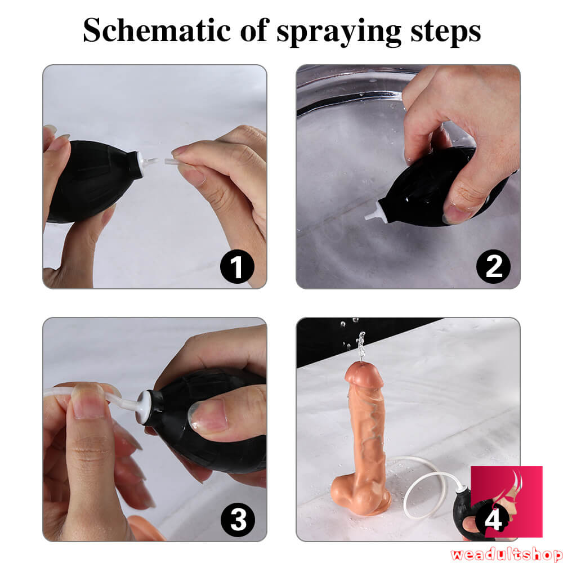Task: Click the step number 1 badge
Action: coord(237,267)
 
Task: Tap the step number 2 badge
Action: coord(493,266)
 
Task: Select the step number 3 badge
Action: coord(238,520)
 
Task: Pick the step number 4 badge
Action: coord(493,519)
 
